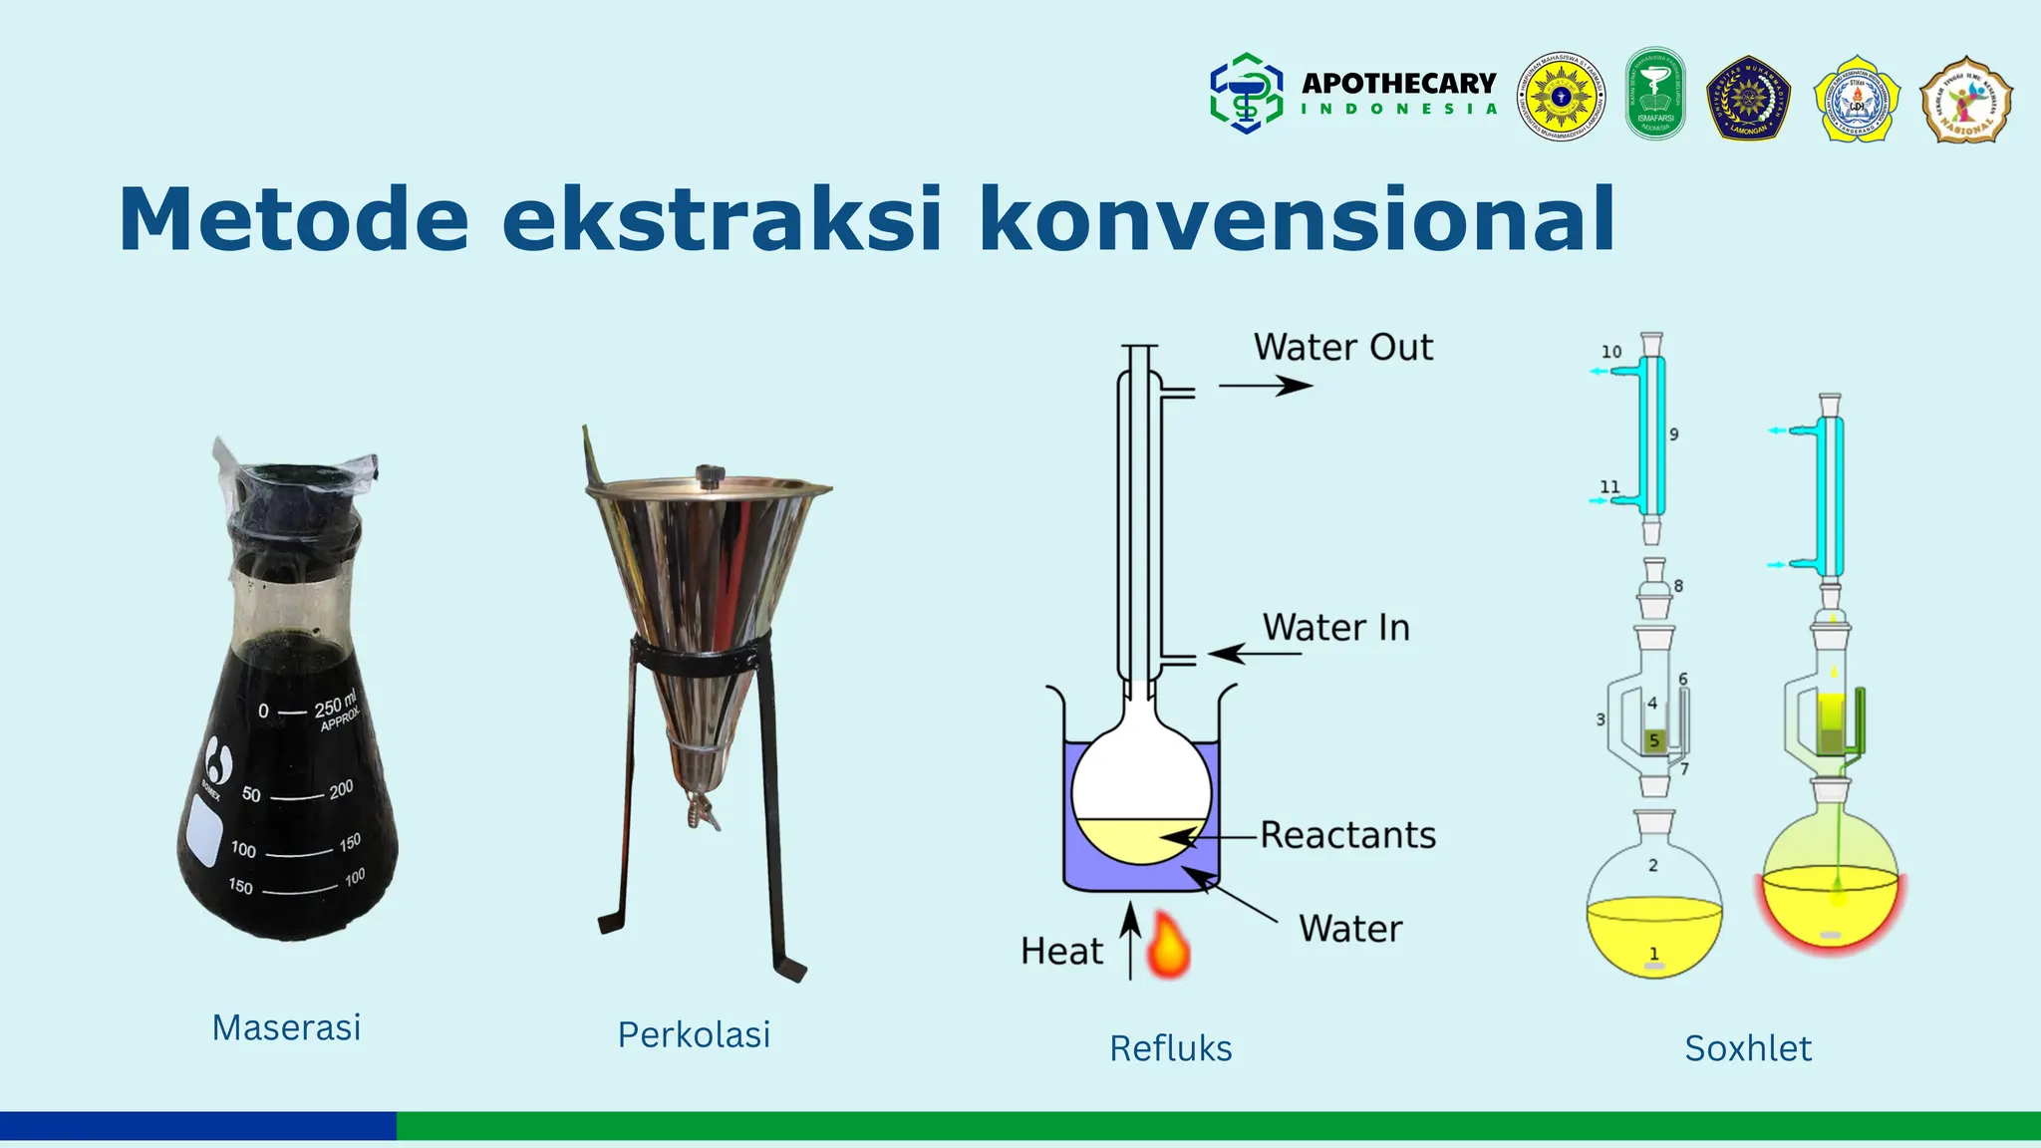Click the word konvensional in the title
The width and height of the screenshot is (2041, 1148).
pyautogui.click(x=1296, y=219)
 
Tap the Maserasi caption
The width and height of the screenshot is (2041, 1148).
pyautogui.click(x=286, y=1027)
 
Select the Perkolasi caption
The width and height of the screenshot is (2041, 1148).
pyautogui.click(x=694, y=1034)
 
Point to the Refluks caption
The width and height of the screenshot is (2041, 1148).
pyautogui.click(x=1170, y=1048)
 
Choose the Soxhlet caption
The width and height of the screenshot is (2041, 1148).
pyautogui.click(x=1748, y=1048)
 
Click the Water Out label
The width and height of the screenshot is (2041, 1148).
pyautogui.click(x=1342, y=347)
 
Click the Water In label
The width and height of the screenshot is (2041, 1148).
pyautogui.click(x=1335, y=627)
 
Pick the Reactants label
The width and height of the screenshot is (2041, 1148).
pyautogui.click(x=1347, y=835)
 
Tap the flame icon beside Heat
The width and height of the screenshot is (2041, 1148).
pyautogui.click(x=1168, y=945)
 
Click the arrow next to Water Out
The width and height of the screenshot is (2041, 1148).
pyautogui.click(x=1266, y=386)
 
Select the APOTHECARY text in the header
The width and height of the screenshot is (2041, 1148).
pyautogui.click(x=1398, y=83)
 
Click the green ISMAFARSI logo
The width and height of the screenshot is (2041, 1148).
pyautogui.click(x=1655, y=95)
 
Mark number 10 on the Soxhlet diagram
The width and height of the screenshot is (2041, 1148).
pyautogui.click(x=1611, y=352)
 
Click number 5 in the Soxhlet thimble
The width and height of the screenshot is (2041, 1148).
pyautogui.click(x=1654, y=740)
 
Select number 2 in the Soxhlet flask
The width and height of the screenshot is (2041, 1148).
pyautogui.click(x=1653, y=865)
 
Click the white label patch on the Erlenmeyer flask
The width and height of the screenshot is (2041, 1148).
pyautogui.click(x=204, y=832)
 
